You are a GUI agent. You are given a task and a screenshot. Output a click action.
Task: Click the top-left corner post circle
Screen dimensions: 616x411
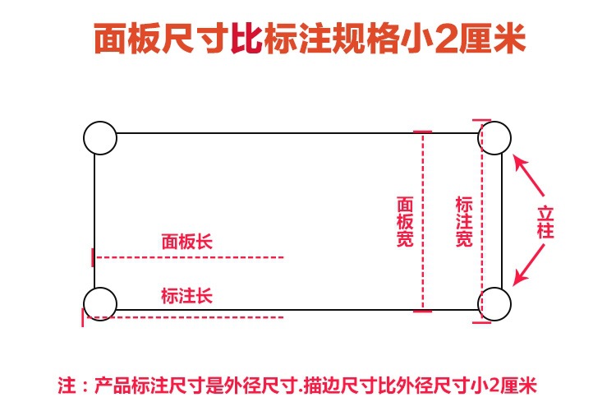100,137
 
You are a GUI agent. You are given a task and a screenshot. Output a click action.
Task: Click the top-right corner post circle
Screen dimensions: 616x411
495,137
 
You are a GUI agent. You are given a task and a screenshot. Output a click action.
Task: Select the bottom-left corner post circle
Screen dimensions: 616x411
100,303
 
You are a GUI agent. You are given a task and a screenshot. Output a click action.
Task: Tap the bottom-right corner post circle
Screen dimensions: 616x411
495,303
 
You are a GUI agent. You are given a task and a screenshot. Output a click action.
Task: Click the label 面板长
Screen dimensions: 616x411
186,242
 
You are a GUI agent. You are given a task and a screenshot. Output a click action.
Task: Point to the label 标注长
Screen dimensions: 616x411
186,295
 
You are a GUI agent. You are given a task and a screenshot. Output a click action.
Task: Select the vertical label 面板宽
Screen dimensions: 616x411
404,222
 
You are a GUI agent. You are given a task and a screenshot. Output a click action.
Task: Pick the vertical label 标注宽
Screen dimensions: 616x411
463,222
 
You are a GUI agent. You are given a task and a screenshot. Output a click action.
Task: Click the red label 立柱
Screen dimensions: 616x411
546,221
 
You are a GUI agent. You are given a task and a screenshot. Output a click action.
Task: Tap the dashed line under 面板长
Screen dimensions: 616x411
189,257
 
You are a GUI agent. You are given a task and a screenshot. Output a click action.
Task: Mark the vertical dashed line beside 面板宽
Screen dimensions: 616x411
423,222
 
